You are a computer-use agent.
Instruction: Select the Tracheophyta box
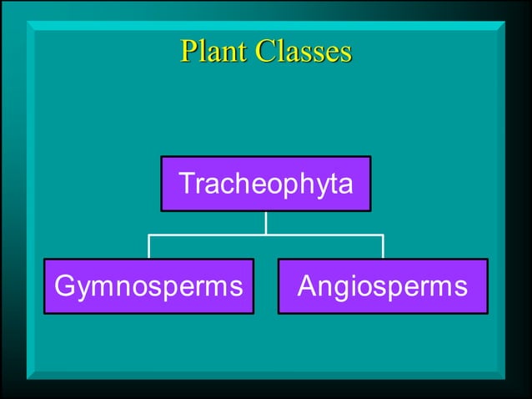tap(266, 184)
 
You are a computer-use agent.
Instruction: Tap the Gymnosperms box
tap(148, 286)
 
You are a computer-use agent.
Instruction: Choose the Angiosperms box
tap(383, 286)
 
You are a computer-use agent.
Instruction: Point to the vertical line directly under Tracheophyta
tap(266, 223)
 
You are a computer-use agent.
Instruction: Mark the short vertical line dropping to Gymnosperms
tap(149, 246)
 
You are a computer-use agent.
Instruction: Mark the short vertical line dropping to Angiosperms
tap(383, 246)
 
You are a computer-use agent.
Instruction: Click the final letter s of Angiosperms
tap(460, 287)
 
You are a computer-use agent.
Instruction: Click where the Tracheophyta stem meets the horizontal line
tap(266, 235)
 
